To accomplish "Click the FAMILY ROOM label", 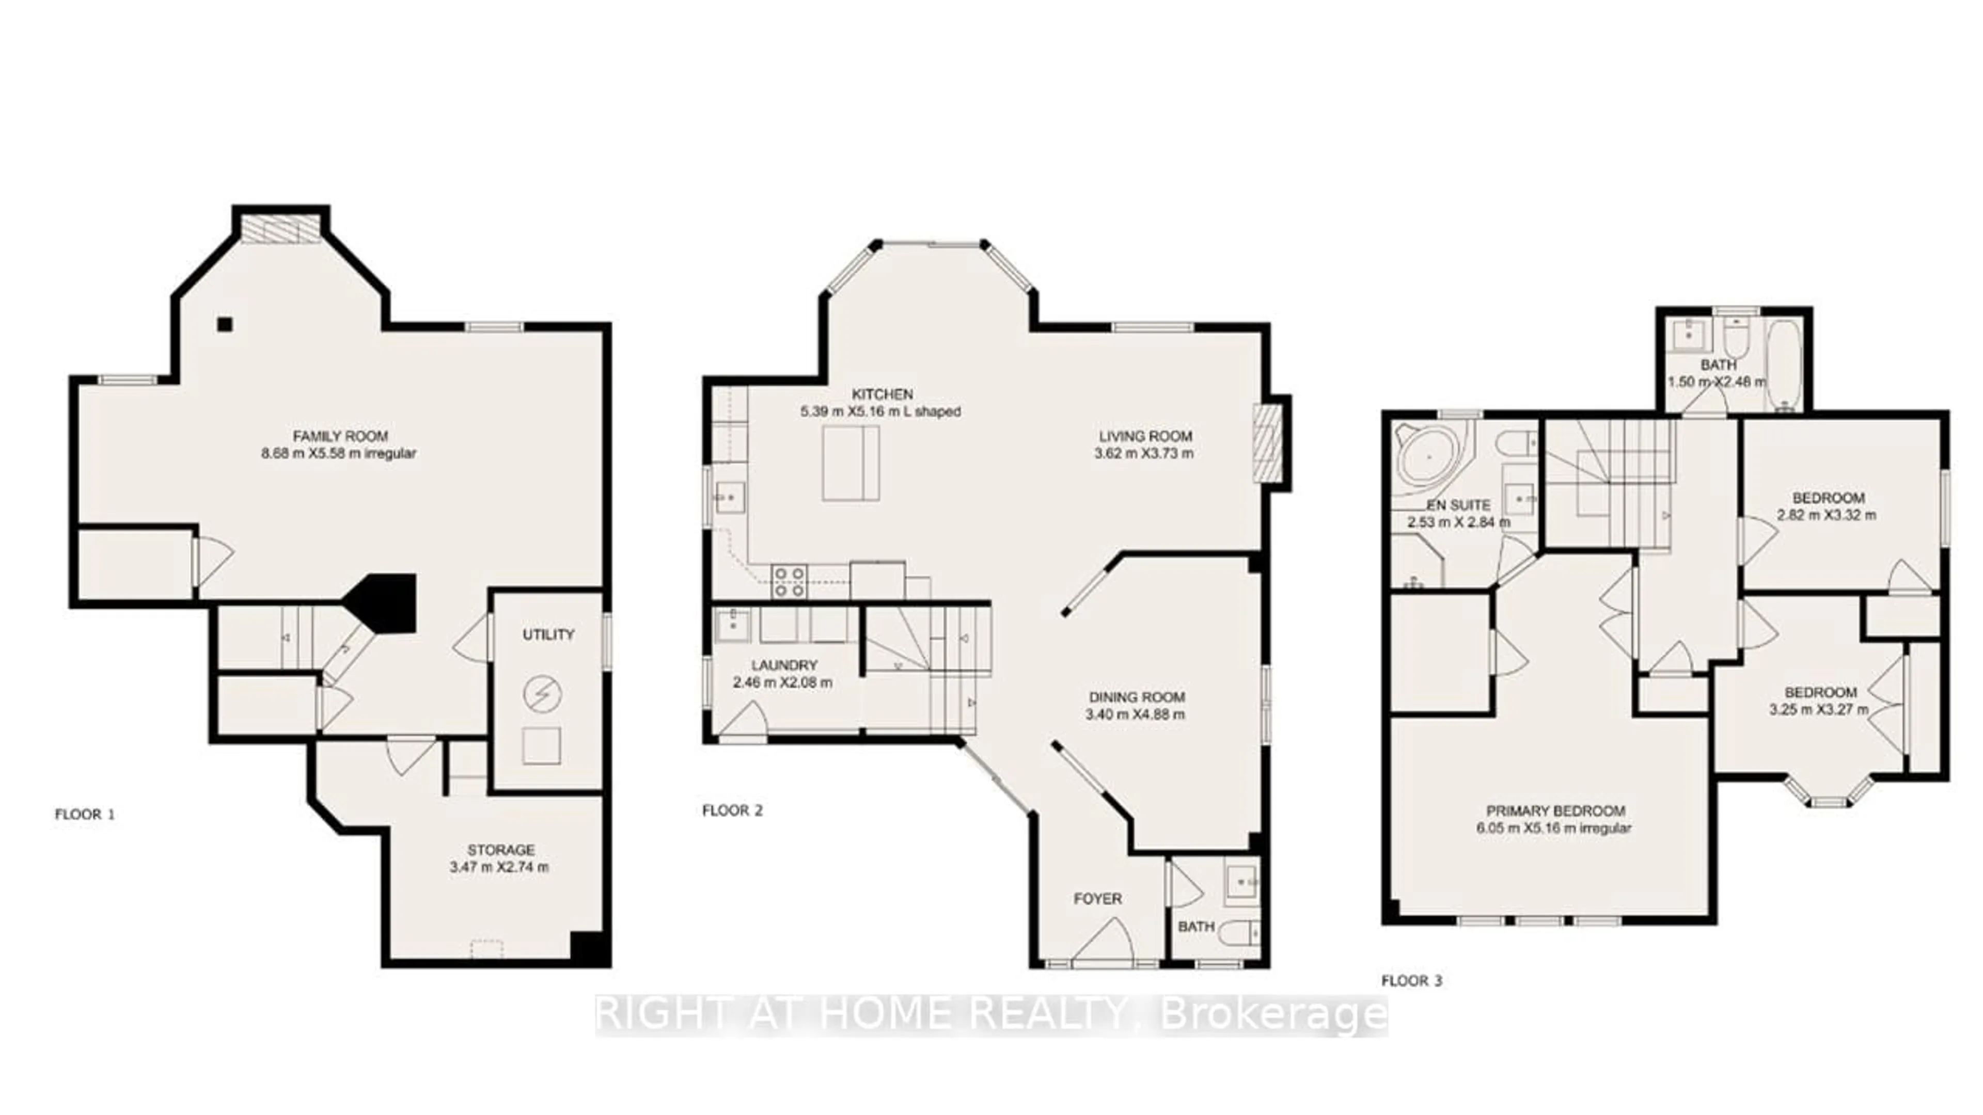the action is tap(340, 436).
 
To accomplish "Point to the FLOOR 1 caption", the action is tap(85, 814).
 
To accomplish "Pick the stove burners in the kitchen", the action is tap(789, 582).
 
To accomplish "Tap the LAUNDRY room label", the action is tap(784, 665).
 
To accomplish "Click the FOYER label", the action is tap(1098, 899).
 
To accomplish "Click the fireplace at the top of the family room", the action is tap(281, 228).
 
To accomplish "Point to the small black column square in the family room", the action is tap(224, 325).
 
